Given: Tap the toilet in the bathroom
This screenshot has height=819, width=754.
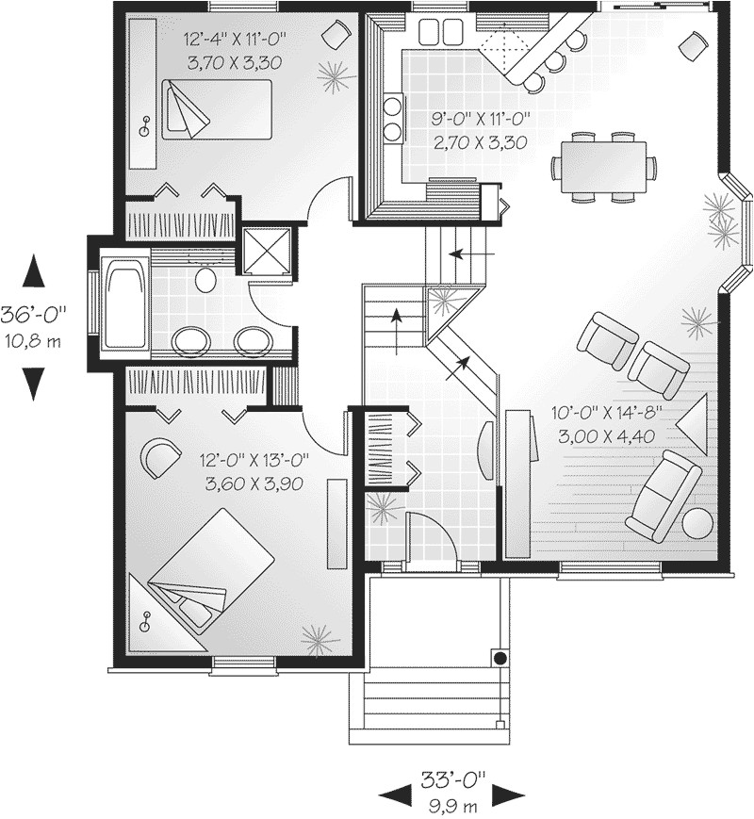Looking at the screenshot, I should coord(205,280).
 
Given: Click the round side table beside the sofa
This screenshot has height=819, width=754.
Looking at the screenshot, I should coord(698,523).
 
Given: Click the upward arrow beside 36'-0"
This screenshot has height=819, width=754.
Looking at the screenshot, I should coord(33,271).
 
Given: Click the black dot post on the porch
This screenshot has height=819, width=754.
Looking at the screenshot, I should coord(500,657).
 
